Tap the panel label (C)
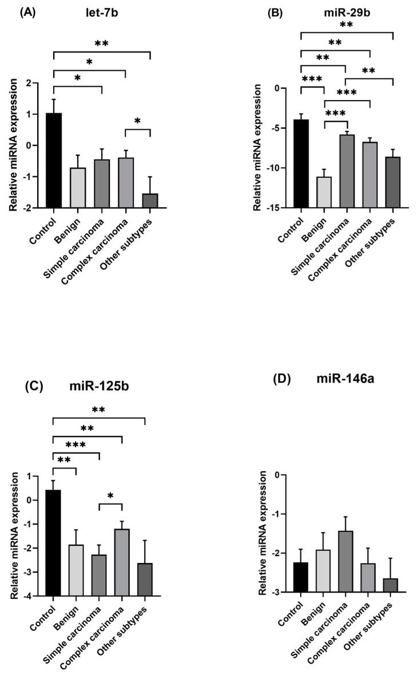[37, 386]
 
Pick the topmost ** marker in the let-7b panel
[101, 43]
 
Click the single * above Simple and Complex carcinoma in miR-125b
[110, 495]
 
